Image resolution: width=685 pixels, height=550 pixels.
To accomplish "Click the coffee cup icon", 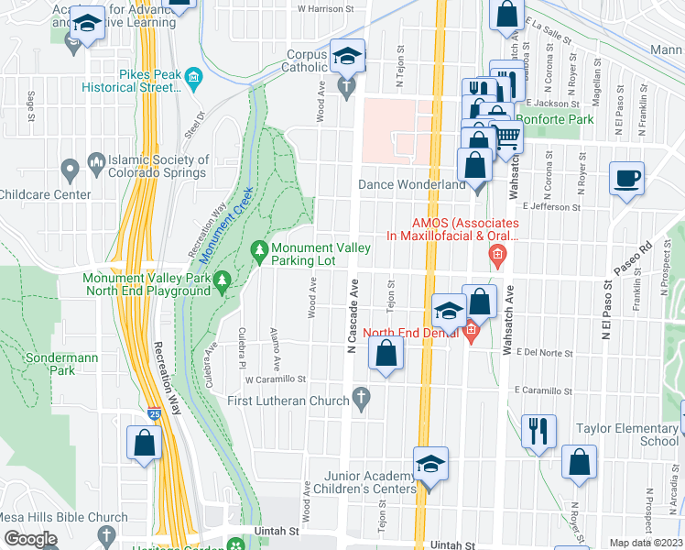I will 626,179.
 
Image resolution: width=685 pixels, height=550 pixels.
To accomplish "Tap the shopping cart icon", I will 507,137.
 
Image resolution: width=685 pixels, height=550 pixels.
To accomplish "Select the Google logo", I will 29,539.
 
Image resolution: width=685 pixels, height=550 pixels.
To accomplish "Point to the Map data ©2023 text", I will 646,543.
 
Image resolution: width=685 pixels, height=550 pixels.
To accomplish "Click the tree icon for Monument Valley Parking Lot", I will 260,248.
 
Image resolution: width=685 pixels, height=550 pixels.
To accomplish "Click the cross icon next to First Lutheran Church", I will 362,400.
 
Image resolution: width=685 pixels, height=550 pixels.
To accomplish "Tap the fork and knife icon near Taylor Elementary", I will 538,430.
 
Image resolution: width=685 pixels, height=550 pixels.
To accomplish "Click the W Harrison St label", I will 325,9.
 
